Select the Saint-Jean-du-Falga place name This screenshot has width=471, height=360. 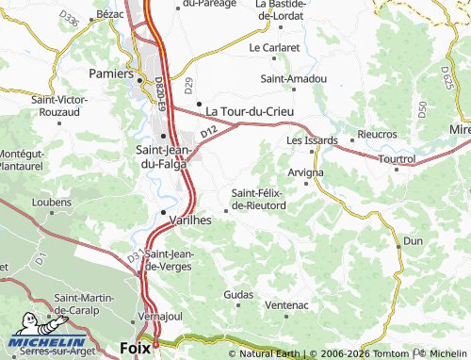pyautogui.click(x=164, y=156)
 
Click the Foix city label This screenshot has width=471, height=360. pyautogui.click(x=136, y=348)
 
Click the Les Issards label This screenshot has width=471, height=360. pyautogui.click(x=304, y=140)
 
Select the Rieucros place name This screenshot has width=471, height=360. pyautogui.click(x=378, y=135)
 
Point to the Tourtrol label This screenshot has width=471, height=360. pyautogui.click(x=397, y=159)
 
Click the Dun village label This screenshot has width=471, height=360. pyautogui.click(x=413, y=241)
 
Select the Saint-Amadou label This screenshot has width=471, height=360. pyautogui.click(x=294, y=78)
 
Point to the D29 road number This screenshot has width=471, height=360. pyautogui.click(x=188, y=84)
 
